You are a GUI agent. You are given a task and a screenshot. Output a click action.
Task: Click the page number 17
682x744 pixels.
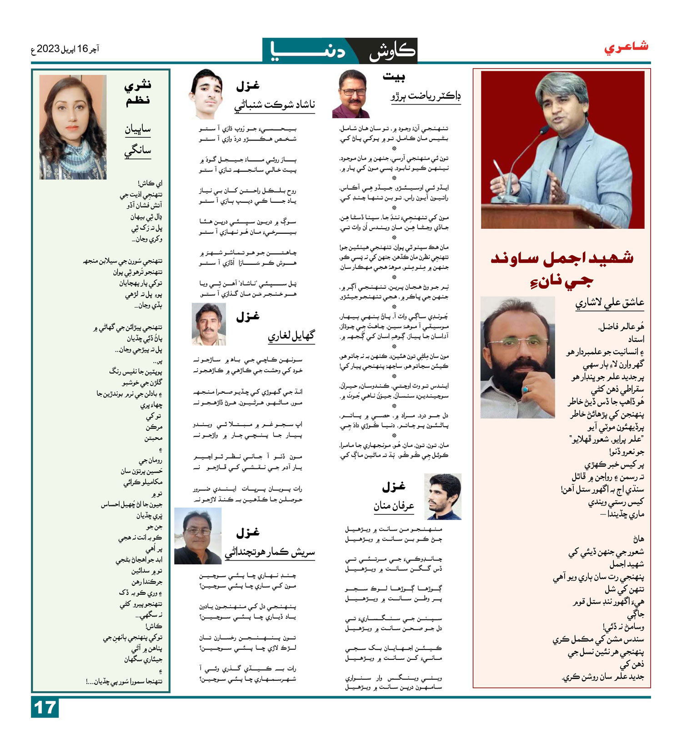click(x=45, y=708)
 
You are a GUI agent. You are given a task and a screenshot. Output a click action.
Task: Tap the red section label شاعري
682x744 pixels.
click(x=626, y=47)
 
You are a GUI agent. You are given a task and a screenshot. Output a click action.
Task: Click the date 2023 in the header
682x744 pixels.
click(x=48, y=49)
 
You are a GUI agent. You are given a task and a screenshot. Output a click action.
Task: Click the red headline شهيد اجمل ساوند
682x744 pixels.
click(x=562, y=258)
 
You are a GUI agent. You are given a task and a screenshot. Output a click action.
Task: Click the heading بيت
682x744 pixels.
click(x=394, y=77)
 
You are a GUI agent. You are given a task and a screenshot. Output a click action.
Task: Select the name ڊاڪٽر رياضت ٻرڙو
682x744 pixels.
click(x=426, y=96)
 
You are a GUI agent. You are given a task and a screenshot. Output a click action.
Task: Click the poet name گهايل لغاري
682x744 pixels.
click(x=291, y=336)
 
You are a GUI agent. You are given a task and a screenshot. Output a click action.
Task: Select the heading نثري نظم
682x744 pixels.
click(x=138, y=92)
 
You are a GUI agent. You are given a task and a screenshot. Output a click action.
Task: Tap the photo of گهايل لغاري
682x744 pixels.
click(x=209, y=324)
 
